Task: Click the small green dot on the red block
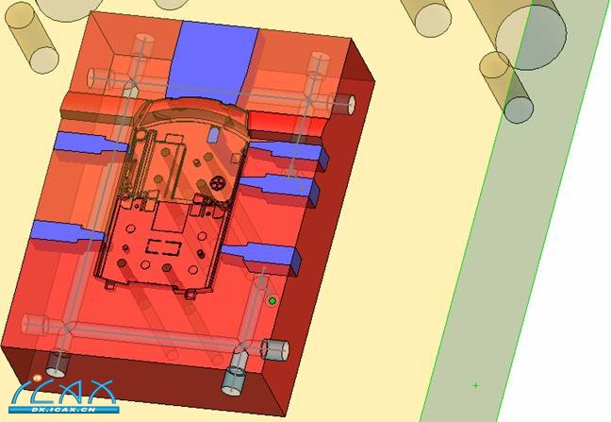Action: point(272,301)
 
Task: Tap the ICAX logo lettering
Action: point(64,392)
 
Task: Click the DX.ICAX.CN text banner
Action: point(64,410)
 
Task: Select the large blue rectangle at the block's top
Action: point(213,61)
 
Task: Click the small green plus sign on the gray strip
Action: point(475,385)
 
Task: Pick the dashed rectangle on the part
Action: point(163,247)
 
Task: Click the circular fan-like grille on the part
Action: point(216,182)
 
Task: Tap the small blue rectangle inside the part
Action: point(213,135)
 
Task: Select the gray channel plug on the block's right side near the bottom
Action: point(275,350)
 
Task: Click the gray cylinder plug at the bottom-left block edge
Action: point(58,365)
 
